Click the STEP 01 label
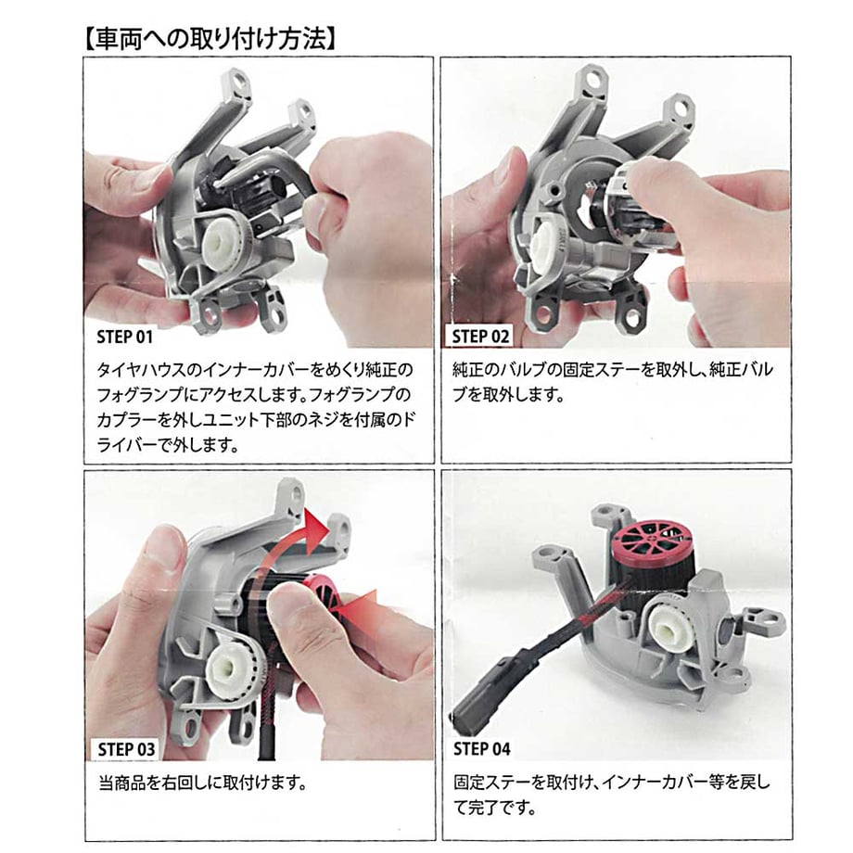click(124, 337)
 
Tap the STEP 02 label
click(481, 337)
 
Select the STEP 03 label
click(126, 749)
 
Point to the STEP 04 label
click(482, 749)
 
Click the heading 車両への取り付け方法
click(210, 40)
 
